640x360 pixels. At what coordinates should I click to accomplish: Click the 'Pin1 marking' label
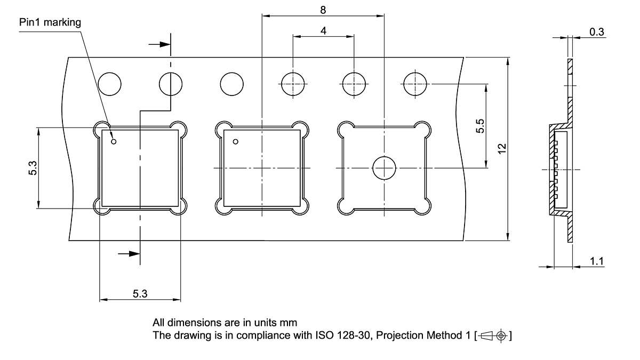50,22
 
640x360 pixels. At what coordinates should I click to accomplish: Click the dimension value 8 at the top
323,10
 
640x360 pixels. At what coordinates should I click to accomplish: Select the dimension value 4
323,31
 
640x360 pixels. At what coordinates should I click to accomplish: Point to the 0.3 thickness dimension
597,32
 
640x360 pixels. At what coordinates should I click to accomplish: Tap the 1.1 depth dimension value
597,261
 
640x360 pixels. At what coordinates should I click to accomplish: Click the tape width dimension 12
502,149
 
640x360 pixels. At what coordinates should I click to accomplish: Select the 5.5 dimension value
480,126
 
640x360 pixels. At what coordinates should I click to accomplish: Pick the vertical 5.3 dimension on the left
33,168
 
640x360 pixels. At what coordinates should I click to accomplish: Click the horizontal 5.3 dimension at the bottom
140,294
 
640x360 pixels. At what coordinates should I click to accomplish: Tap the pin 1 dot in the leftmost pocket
114,141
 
